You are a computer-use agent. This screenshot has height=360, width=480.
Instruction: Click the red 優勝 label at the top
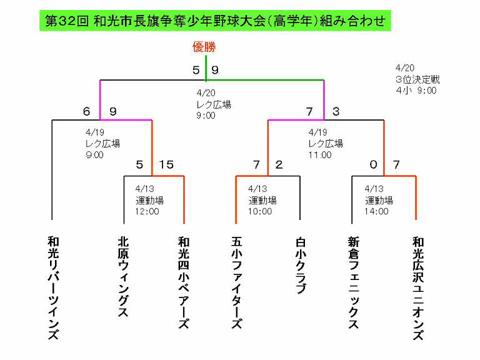(204, 47)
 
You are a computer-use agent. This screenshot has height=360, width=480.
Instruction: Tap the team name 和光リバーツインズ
(53, 287)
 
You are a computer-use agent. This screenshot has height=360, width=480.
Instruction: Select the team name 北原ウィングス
(123, 277)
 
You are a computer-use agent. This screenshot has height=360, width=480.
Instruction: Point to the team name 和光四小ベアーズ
(184, 282)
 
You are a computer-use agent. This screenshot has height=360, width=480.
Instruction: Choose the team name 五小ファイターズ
(237, 282)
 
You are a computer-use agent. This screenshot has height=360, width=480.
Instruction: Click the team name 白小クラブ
(301, 265)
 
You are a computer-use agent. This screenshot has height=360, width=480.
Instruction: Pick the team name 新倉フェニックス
(354, 282)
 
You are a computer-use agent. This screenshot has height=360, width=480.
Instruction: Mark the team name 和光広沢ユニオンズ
(418, 287)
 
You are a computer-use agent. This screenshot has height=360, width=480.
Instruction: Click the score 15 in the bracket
(166, 165)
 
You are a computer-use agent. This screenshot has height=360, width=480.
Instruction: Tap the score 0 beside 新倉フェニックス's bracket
(374, 165)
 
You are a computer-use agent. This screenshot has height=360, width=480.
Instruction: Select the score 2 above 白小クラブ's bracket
(279, 165)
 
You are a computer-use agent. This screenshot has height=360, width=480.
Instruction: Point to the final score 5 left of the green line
(196, 70)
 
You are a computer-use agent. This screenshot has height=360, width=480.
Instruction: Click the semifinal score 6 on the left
(87, 111)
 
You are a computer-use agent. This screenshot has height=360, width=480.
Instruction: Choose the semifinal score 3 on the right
(336, 111)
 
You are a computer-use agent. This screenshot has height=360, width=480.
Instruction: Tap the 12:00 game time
(147, 211)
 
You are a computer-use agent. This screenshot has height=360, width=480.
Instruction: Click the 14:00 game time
(376, 211)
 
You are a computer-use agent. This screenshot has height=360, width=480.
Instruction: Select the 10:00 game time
(260, 211)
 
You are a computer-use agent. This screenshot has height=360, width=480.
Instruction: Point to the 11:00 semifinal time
(320, 155)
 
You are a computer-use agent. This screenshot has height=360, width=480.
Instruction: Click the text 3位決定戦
(417, 79)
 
